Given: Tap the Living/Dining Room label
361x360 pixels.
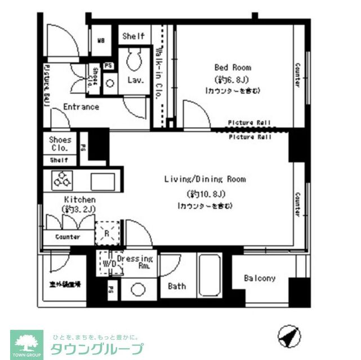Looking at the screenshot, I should point(205,179).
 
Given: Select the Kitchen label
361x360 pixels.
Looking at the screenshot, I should point(79,200).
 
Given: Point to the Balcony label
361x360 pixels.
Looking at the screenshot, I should point(260,278).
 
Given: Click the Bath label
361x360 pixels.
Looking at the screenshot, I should point(177,286).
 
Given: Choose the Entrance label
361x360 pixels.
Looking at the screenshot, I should point(81,107).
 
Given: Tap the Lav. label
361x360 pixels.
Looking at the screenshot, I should point(135,80).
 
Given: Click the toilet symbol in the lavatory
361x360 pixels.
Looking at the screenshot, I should point(135,59).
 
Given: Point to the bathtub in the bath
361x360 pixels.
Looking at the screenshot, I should point(210,275).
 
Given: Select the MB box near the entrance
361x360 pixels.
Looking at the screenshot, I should point(101,40).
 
